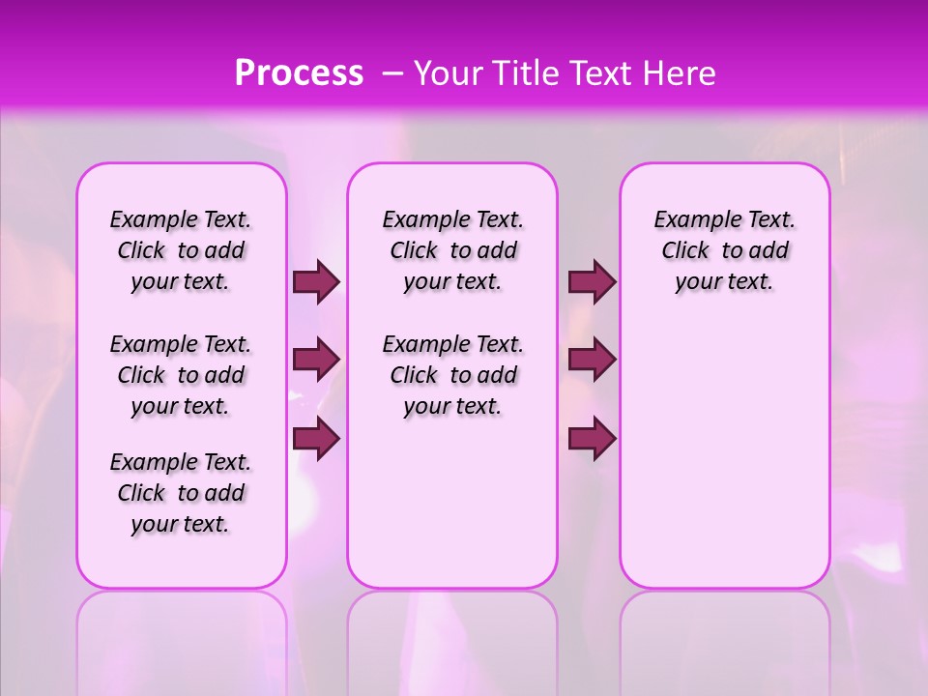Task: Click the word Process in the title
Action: (299, 73)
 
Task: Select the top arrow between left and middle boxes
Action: (316, 282)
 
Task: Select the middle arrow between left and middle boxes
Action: (316, 360)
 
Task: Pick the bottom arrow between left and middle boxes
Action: (316, 438)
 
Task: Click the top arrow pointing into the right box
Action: (592, 282)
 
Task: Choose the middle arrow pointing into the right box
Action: (592, 360)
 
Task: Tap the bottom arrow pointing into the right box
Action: (592, 438)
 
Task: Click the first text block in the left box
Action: (181, 251)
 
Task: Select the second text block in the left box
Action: (181, 375)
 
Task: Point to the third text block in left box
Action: (181, 493)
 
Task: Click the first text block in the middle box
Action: (452, 251)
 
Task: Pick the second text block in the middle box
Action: (452, 375)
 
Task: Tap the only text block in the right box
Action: (724, 251)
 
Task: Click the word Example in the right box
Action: (689, 220)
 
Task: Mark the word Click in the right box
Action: (685, 251)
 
